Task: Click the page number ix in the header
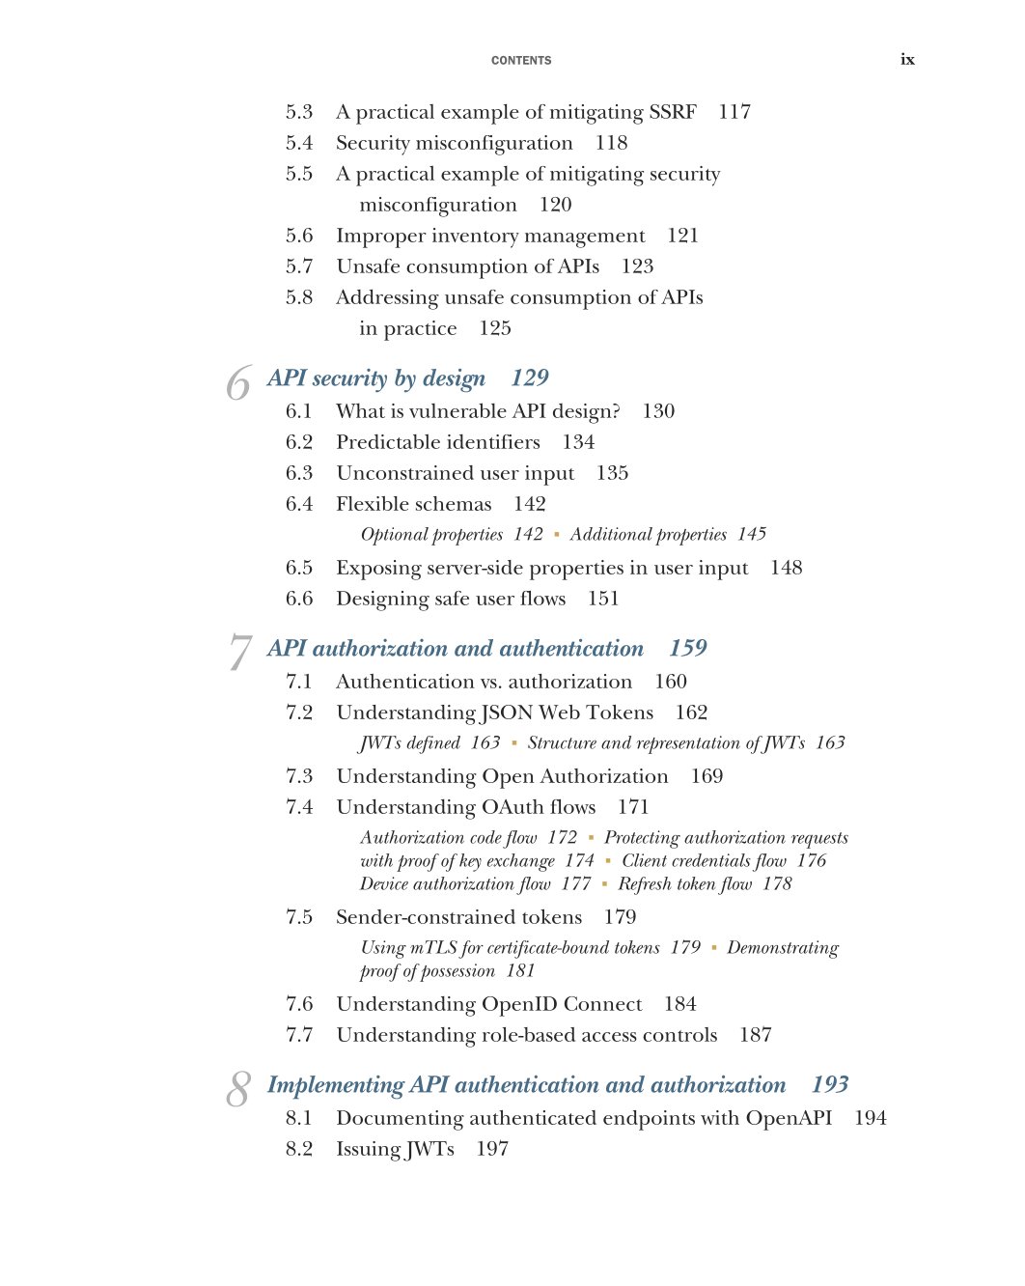tap(907, 60)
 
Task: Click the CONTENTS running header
tap(521, 61)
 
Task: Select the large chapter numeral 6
tap(238, 384)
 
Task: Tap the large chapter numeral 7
tap(239, 653)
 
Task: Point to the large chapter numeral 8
tap(238, 1089)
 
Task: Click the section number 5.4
tap(299, 143)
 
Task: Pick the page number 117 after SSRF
tap(734, 112)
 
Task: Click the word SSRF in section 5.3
tap(673, 112)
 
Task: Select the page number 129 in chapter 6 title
tap(530, 377)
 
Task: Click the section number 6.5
tap(299, 568)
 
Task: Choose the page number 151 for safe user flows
tap(603, 599)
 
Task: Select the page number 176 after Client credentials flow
tap(812, 860)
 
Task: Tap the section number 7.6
tap(299, 1004)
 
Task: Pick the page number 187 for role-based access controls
tap(756, 1035)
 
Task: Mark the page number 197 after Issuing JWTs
tap(492, 1149)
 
